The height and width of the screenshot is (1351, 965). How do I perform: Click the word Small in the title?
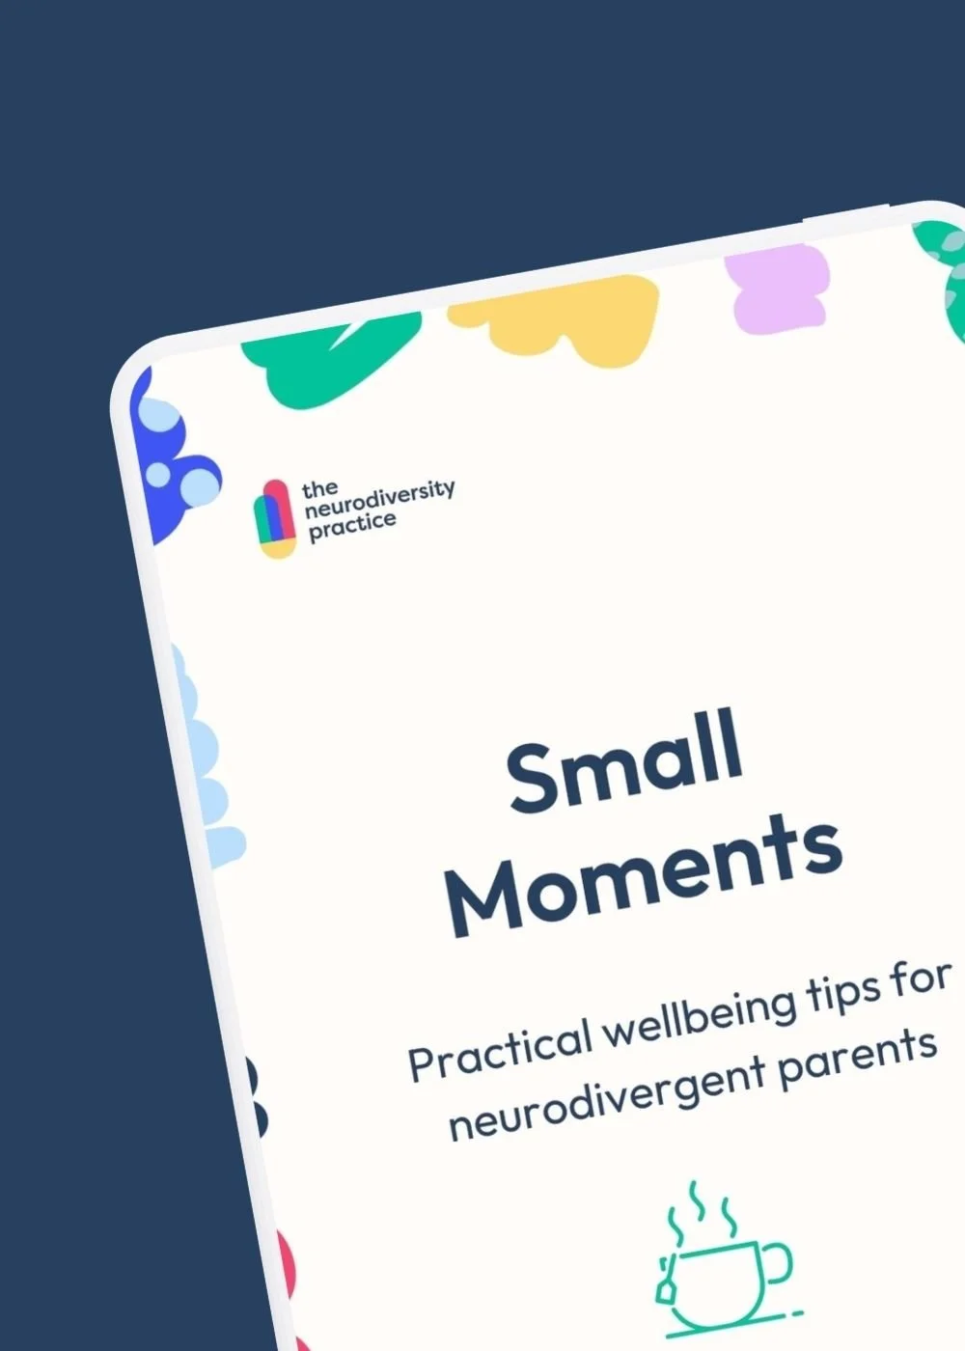point(625,761)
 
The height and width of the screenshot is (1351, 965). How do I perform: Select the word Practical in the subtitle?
point(499,1048)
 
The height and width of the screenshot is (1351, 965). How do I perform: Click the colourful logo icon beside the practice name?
point(275,519)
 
